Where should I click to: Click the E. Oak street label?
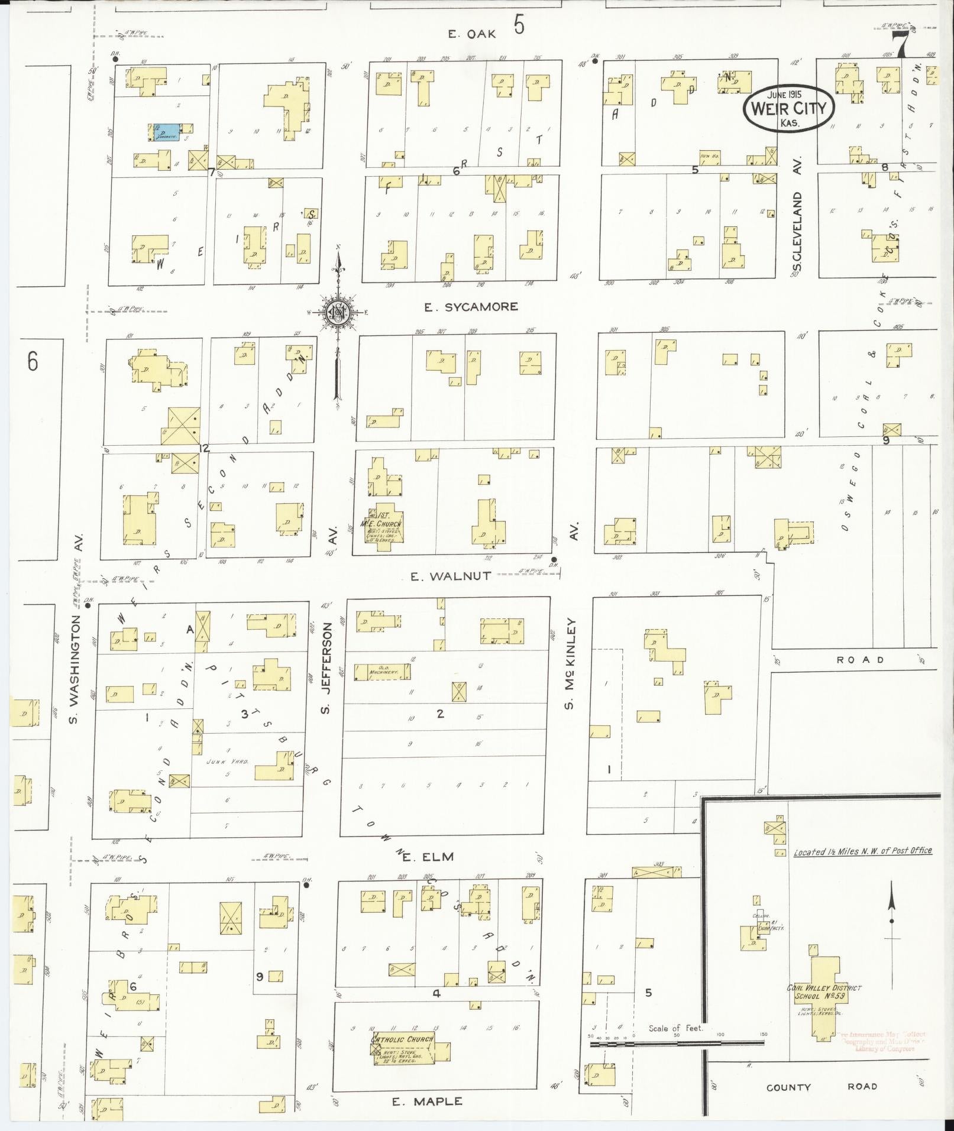pos(471,34)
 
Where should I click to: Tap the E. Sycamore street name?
pos(471,306)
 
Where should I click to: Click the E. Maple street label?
pos(426,1101)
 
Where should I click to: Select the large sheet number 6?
pos(33,361)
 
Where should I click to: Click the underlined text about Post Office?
pos(862,851)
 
